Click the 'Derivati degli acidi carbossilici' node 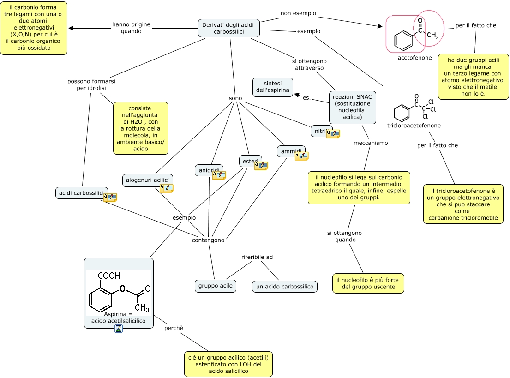pyautogui.click(x=229, y=28)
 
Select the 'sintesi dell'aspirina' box pyautogui.click(x=273, y=87)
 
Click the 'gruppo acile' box pyautogui.click(x=216, y=286)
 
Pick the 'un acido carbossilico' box pyautogui.click(x=285, y=287)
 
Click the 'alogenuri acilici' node pyautogui.click(x=147, y=180)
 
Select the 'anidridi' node pyautogui.click(x=209, y=170)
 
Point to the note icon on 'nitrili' pyautogui.click(x=333, y=134)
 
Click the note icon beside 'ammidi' pyautogui.click(x=301, y=156)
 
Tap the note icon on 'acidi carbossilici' pyautogui.click(x=110, y=198)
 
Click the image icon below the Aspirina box pyautogui.click(x=119, y=329)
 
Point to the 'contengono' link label pyautogui.click(x=208, y=240)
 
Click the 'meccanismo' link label pyautogui.click(x=371, y=143)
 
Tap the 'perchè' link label pyautogui.click(x=174, y=328)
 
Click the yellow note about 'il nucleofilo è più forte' pyautogui.click(x=368, y=283)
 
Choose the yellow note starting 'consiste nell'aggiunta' pyautogui.click(x=140, y=128)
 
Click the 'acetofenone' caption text pyautogui.click(x=415, y=58)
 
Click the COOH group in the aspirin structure pyautogui.click(x=109, y=276)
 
